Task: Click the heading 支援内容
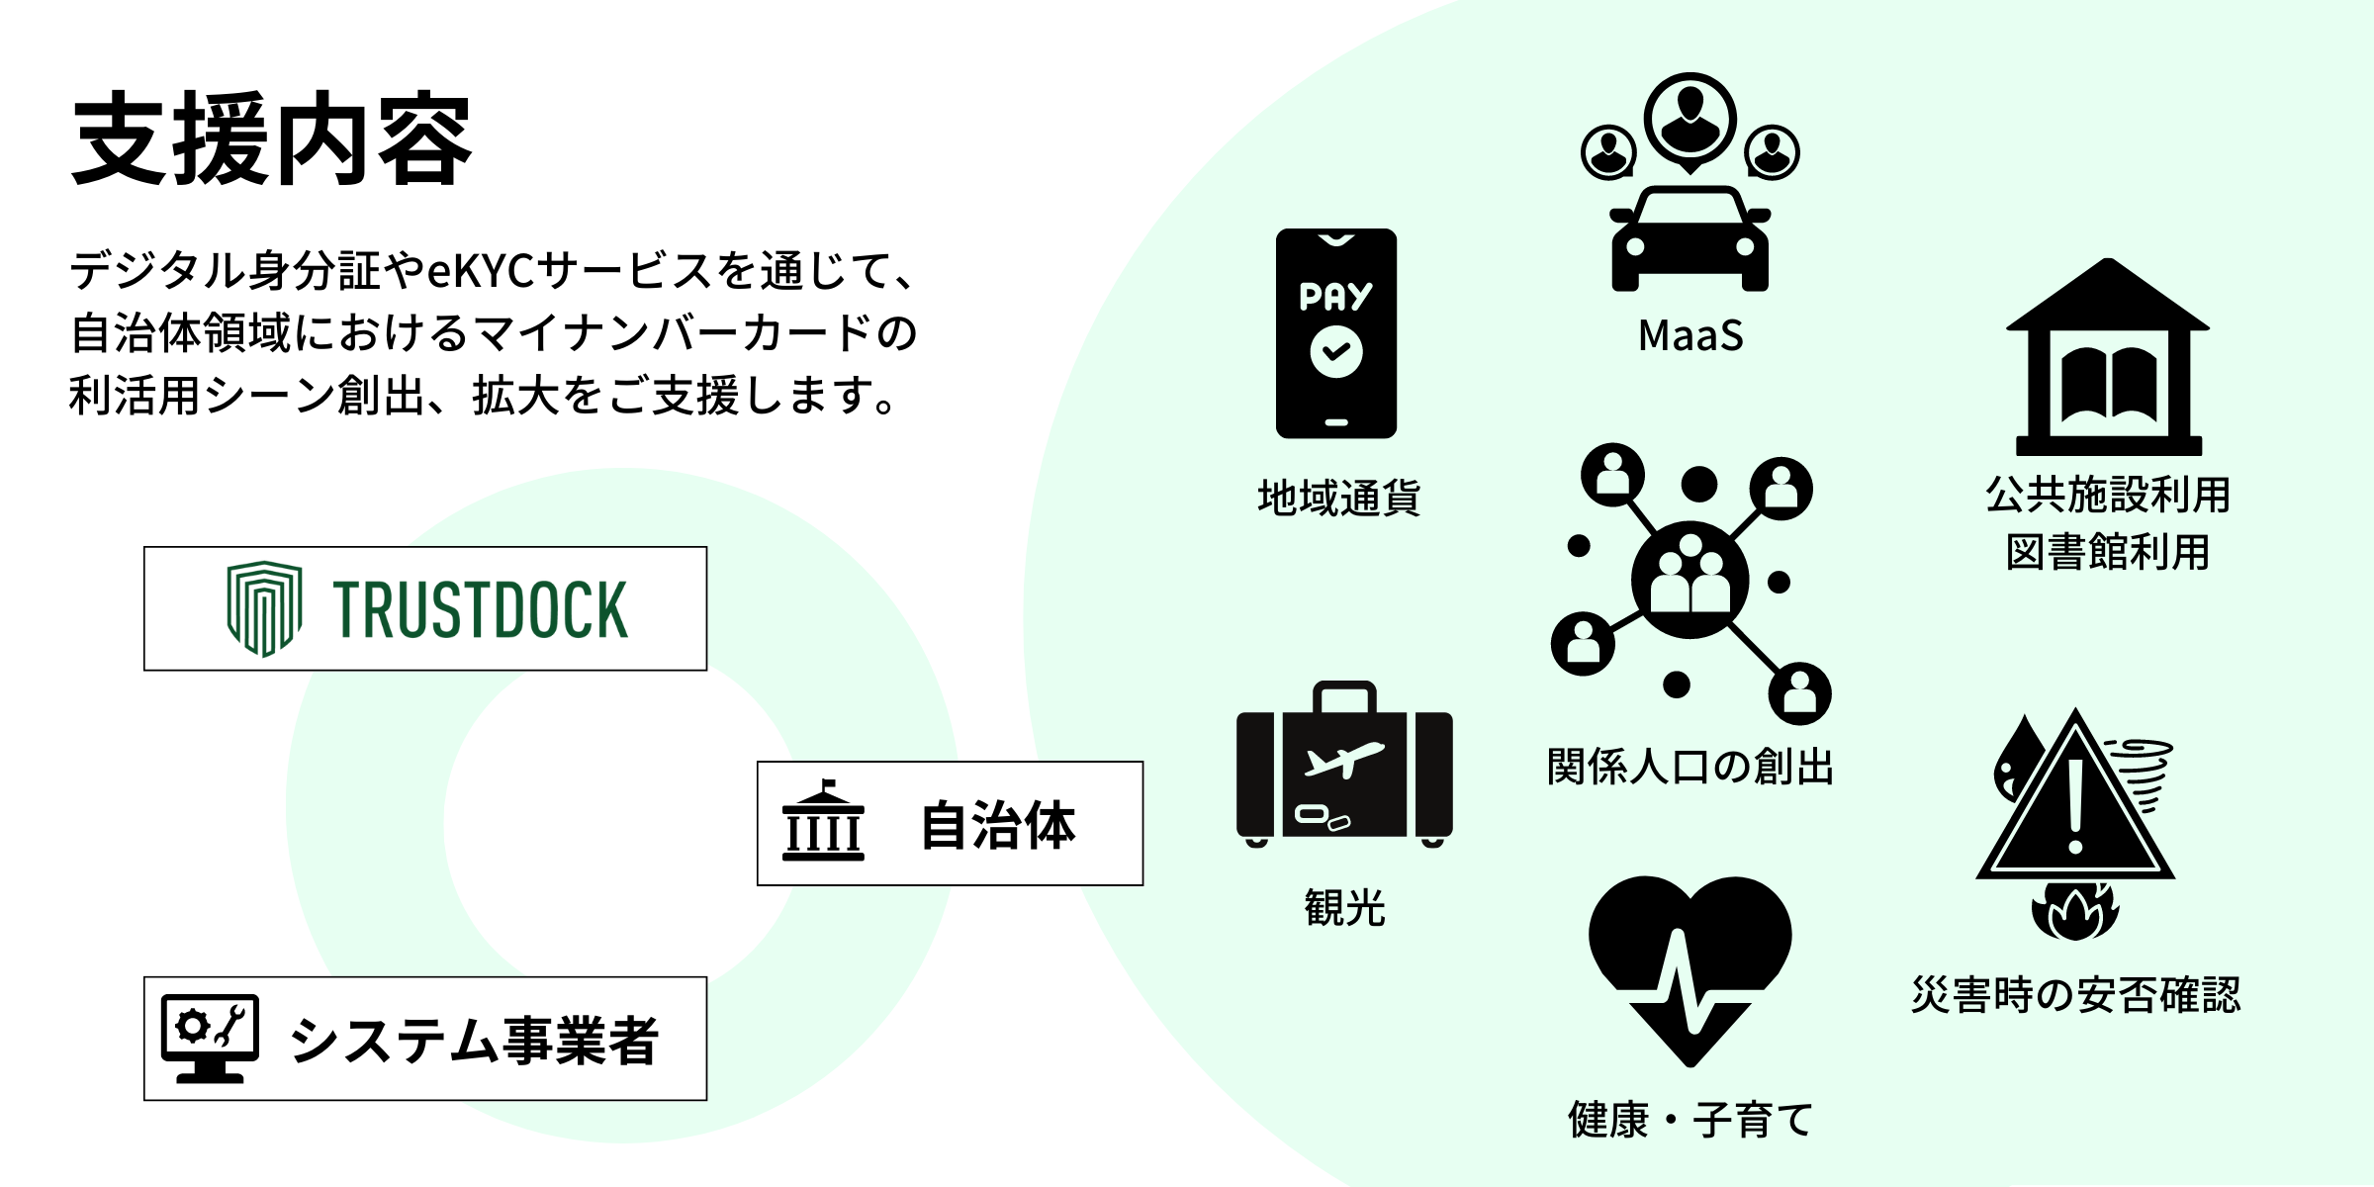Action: click(272, 140)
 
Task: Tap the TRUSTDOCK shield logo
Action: click(263, 607)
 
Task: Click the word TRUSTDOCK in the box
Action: click(480, 609)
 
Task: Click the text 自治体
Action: click(997, 825)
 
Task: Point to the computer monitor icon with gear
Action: click(210, 1037)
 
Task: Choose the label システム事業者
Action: click(473, 1041)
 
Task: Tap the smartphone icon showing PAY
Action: click(1335, 333)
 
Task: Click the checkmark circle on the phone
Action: click(1335, 352)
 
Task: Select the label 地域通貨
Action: click(1338, 498)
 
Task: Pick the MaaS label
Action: click(1690, 335)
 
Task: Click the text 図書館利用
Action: click(2107, 552)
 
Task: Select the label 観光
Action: click(1344, 907)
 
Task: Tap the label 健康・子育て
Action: click(1689, 1120)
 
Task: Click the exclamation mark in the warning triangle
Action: click(2075, 806)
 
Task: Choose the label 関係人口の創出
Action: click(1689, 767)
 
